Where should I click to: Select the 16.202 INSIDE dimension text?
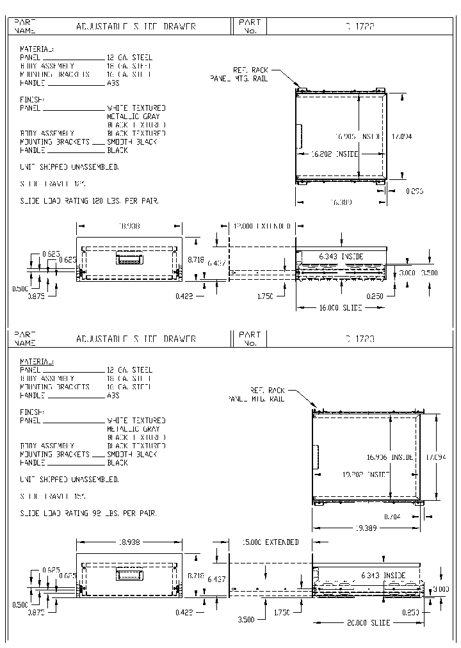pyautogui.click(x=334, y=154)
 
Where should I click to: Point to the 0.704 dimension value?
pyautogui.click(x=392, y=516)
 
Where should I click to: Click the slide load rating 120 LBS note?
pyautogui.click(x=90, y=201)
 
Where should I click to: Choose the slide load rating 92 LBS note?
pyautogui.click(x=88, y=514)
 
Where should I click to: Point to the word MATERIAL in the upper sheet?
pyautogui.click(x=37, y=49)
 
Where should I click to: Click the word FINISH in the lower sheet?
pyautogui.click(x=32, y=412)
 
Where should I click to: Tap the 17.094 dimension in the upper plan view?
pyautogui.click(x=401, y=136)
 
